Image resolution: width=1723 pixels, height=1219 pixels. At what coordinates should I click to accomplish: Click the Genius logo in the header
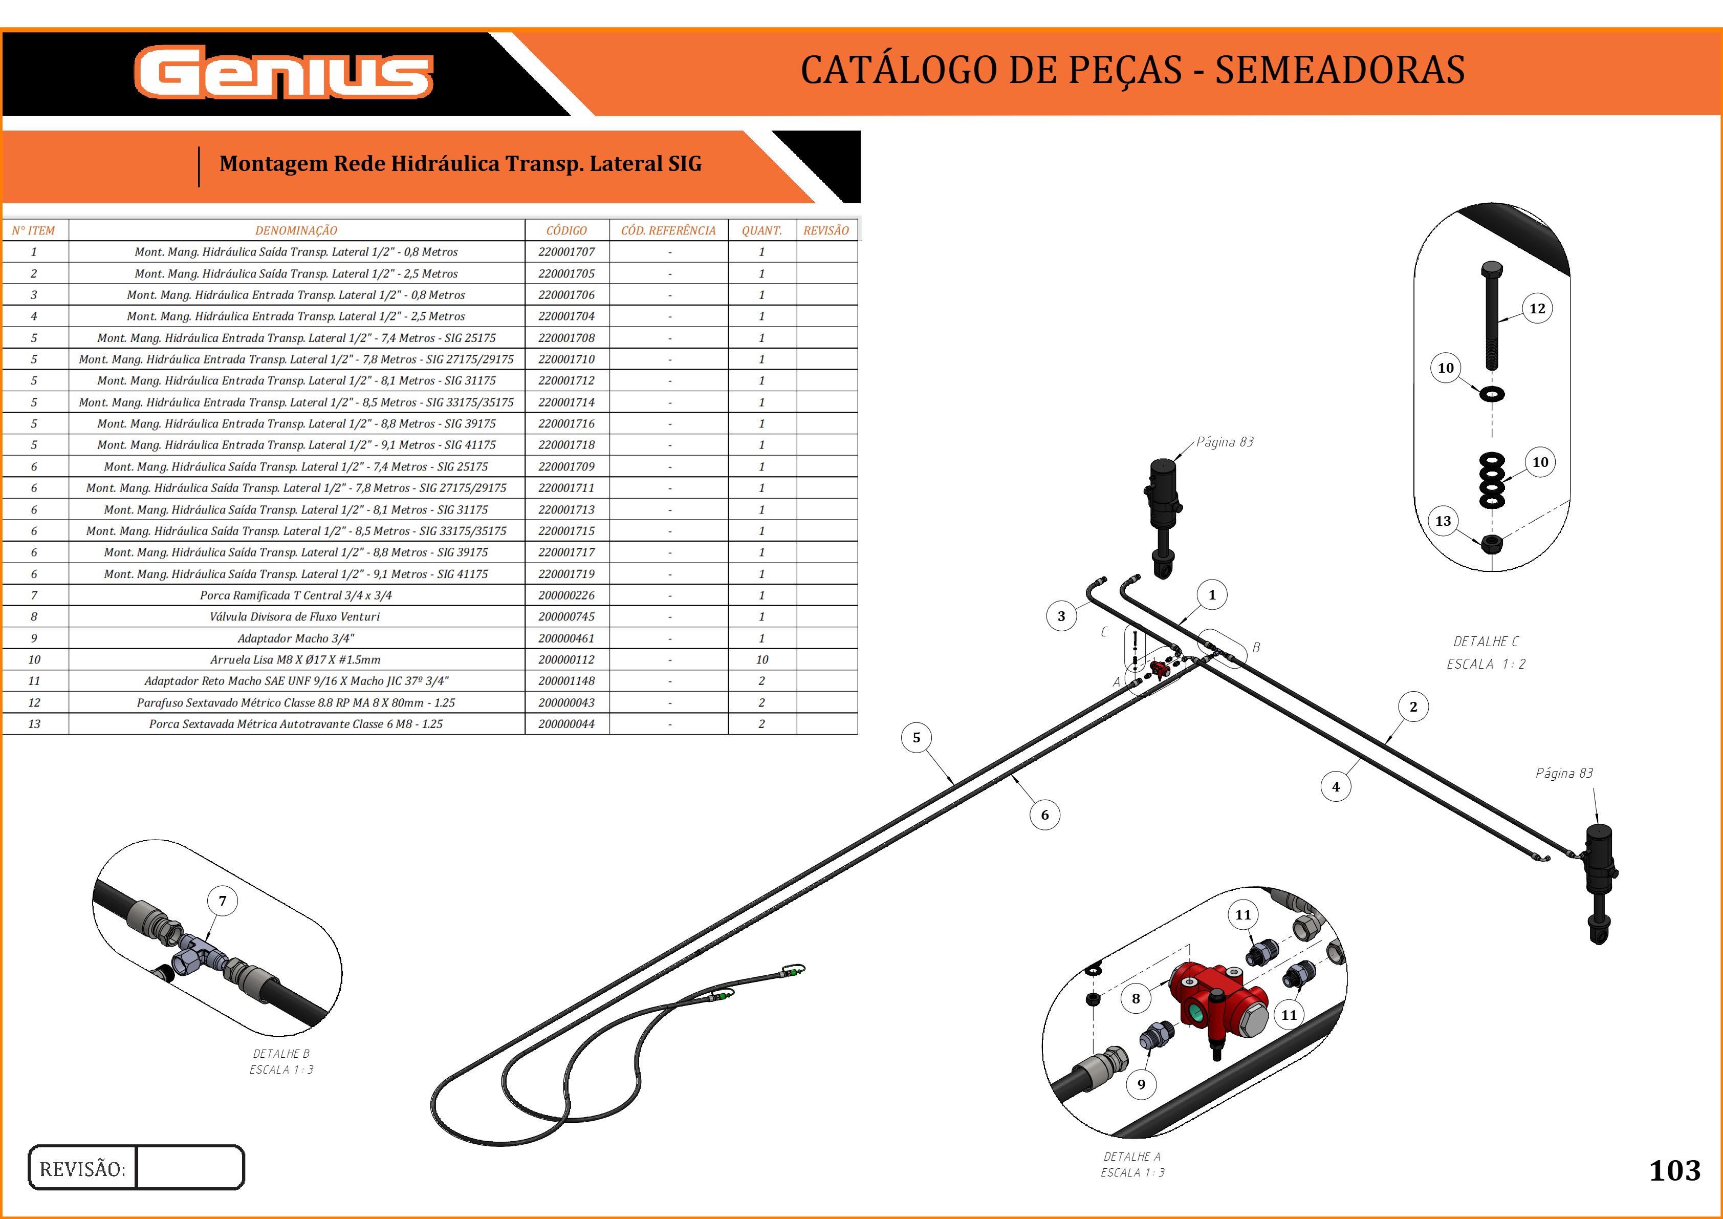coord(283,72)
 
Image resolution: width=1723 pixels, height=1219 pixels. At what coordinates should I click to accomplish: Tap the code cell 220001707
coord(566,252)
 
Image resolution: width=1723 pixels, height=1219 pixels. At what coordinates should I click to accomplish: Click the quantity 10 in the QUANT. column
coord(761,660)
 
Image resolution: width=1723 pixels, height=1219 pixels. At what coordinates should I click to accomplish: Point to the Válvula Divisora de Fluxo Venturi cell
coord(295,617)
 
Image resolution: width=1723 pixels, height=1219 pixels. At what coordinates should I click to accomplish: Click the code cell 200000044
coord(566,724)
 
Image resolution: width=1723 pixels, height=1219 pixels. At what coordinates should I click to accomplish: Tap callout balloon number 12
coord(1537,309)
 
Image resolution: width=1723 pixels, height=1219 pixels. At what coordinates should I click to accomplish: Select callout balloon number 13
coord(1443,521)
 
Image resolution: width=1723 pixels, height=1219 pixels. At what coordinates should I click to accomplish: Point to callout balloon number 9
coord(1141,1084)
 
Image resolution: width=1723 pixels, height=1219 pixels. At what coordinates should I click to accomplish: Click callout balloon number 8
coord(1136,998)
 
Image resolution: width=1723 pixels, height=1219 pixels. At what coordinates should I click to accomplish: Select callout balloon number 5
coord(917,738)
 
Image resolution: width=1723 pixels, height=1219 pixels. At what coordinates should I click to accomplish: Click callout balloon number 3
coord(1061,616)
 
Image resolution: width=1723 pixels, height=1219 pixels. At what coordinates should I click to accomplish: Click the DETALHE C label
coord(1485,642)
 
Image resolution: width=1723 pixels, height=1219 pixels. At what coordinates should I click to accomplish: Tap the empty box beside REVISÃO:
coord(190,1167)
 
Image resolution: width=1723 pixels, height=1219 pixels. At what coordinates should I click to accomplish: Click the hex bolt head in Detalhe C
coord(1492,269)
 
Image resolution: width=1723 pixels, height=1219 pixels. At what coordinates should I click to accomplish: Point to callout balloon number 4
coord(1336,787)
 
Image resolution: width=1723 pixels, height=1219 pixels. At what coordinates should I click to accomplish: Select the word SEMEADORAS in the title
coord(1340,70)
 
